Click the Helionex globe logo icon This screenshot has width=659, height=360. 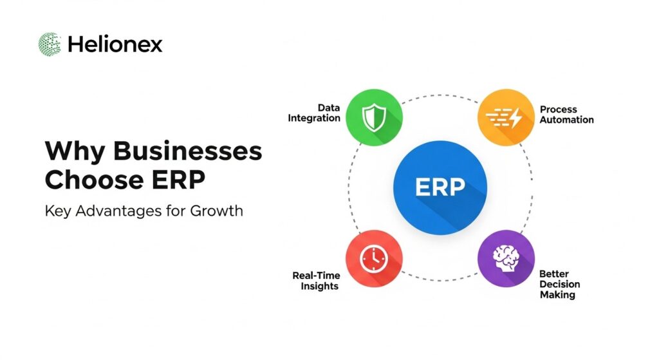point(50,44)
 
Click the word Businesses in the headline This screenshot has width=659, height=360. point(189,152)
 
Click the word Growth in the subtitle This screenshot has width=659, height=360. point(216,211)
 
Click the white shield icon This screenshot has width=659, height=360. point(373,117)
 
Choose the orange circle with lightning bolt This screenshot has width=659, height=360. point(506,117)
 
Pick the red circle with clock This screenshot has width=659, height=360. point(374,258)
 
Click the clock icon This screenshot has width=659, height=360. point(373,258)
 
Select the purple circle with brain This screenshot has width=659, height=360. point(506,258)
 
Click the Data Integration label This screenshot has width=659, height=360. point(315,113)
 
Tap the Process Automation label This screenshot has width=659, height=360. point(566,115)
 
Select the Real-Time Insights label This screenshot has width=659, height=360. point(316,280)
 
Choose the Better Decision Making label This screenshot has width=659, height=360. point(559,284)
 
